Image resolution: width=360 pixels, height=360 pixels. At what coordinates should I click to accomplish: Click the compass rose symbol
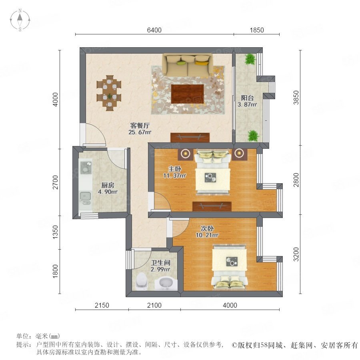coord(20,20)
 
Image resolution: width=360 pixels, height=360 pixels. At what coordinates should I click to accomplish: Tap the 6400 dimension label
coord(154,30)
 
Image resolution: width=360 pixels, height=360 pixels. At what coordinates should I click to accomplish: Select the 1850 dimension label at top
coord(257,30)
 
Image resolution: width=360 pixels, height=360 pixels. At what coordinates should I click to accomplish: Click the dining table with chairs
coord(109,93)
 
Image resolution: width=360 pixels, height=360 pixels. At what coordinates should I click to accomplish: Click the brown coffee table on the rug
coord(188,94)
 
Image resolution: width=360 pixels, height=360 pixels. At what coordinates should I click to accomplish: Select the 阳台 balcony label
coord(247,98)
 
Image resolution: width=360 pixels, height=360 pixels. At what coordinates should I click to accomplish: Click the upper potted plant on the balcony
coord(250,59)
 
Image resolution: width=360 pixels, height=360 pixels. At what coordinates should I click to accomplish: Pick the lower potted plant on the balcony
coord(253,136)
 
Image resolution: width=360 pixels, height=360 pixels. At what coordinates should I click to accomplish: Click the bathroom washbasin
coord(166,284)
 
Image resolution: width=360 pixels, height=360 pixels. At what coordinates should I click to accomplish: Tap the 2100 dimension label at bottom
coord(154,305)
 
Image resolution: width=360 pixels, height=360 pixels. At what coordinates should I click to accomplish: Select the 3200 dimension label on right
coord(296,254)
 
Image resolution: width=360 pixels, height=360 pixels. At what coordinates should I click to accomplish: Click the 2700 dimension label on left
coord(55,182)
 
